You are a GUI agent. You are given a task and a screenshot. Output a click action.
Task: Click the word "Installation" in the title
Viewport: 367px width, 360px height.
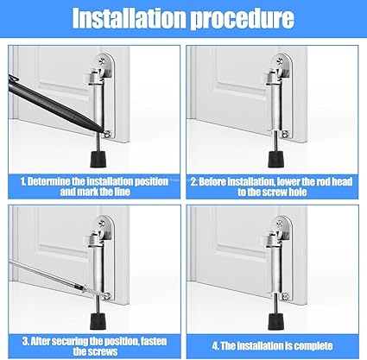point(130,18)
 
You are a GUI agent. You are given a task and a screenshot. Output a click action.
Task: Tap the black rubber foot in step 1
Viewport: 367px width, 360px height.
point(98,159)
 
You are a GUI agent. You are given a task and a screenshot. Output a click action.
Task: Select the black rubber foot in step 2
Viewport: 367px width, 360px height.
point(275,159)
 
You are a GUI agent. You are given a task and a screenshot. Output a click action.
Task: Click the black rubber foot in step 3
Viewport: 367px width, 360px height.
point(98,322)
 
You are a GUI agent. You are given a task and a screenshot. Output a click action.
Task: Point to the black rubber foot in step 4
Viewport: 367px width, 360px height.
point(275,322)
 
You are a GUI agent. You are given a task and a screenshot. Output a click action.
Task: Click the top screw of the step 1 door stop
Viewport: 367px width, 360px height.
point(102,61)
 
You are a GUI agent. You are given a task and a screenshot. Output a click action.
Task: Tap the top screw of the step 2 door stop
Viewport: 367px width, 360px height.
point(280,61)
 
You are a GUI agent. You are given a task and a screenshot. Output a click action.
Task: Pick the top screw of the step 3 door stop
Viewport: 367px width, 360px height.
point(102,223)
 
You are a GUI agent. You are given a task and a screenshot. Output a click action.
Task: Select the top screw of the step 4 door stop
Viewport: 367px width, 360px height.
point(280,223)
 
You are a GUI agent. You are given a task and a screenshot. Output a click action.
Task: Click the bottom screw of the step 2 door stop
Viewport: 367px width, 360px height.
point(285,134)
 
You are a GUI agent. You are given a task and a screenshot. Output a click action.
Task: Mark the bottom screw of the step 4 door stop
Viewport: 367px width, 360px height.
point(285,295)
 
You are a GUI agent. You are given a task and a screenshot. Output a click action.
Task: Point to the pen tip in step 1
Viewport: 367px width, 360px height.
point(104,132)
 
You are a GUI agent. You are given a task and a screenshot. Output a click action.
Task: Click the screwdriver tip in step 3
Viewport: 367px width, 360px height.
point(104,295)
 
